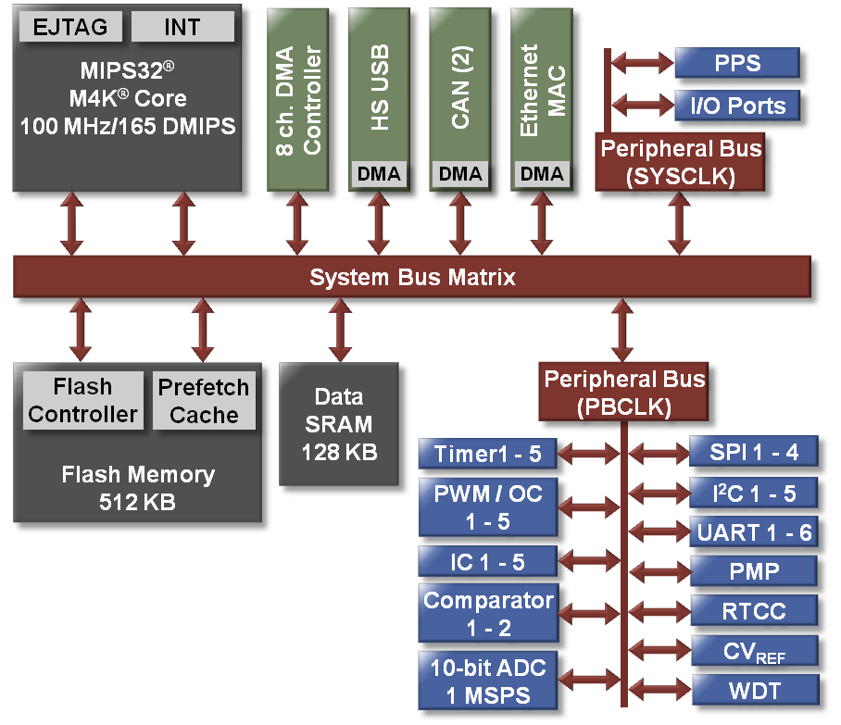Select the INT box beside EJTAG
[x=182, y=27]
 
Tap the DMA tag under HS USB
[x=379, y=173]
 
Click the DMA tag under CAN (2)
[x=460, y=173]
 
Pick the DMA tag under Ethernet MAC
[x=542, y=173]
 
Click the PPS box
[x=736, y=64]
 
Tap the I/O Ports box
[x=736, y=106]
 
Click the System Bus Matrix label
[x=412, y=277]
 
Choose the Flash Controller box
[x=82, y=400]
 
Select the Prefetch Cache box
[x=204, y=400]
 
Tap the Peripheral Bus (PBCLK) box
[x=623, y=391]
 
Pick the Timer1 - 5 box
[x=487, y=454]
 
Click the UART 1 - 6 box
[x=754, y=531]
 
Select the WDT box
[x=754, y=690]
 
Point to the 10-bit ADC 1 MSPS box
[x=487, y=681]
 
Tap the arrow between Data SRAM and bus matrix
[x=339, y=330]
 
